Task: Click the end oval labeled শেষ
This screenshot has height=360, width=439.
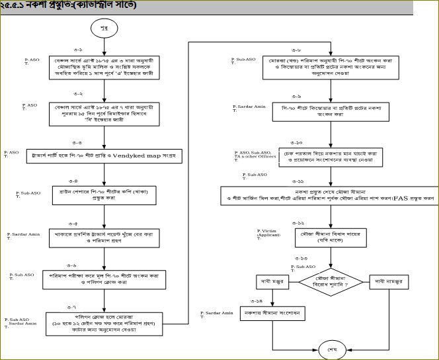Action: [x=332, y=347]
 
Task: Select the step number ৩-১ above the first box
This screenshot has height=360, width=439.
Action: [x=78, y=50]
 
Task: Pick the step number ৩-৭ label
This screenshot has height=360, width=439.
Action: [x=71, y=307]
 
